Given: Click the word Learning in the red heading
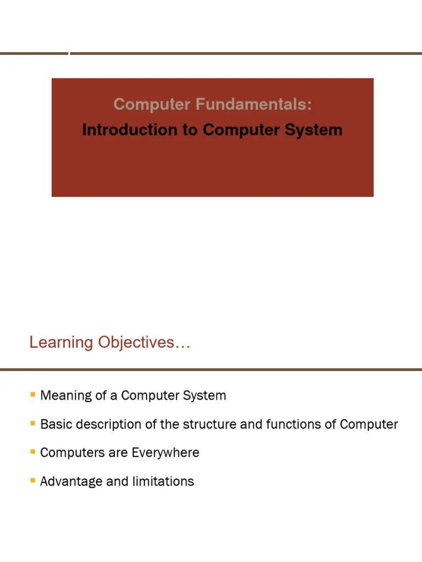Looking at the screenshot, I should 61,342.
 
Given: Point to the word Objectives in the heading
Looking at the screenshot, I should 144,342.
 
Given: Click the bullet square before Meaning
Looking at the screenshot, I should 33,395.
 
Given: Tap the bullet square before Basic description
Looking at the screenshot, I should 33,423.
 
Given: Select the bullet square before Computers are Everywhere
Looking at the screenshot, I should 33,452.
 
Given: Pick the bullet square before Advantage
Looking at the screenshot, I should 33,480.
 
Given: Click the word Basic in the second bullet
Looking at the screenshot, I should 54,424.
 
